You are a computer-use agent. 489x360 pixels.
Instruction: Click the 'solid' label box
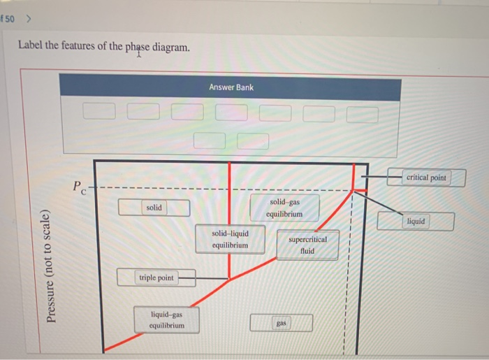(154, 208)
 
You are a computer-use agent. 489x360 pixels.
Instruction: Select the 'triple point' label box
(156, 278)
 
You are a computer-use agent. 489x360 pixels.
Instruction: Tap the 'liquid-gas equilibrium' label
(167, 320)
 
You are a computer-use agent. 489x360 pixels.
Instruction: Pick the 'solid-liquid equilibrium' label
(230, 239)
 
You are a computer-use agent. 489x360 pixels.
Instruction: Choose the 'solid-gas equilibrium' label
(284, 208)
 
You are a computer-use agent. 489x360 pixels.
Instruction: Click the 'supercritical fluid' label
(307, 245)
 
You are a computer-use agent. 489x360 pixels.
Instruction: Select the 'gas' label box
(282, 323)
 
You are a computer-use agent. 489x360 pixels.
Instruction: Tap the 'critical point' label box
(426, 178)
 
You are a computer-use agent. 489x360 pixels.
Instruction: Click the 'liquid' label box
(416, 222)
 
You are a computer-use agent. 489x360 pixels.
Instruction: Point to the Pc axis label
(79, 187)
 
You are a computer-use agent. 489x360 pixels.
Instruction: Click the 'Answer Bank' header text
(231, 87)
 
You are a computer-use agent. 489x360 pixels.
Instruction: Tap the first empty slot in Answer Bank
(98, 111)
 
